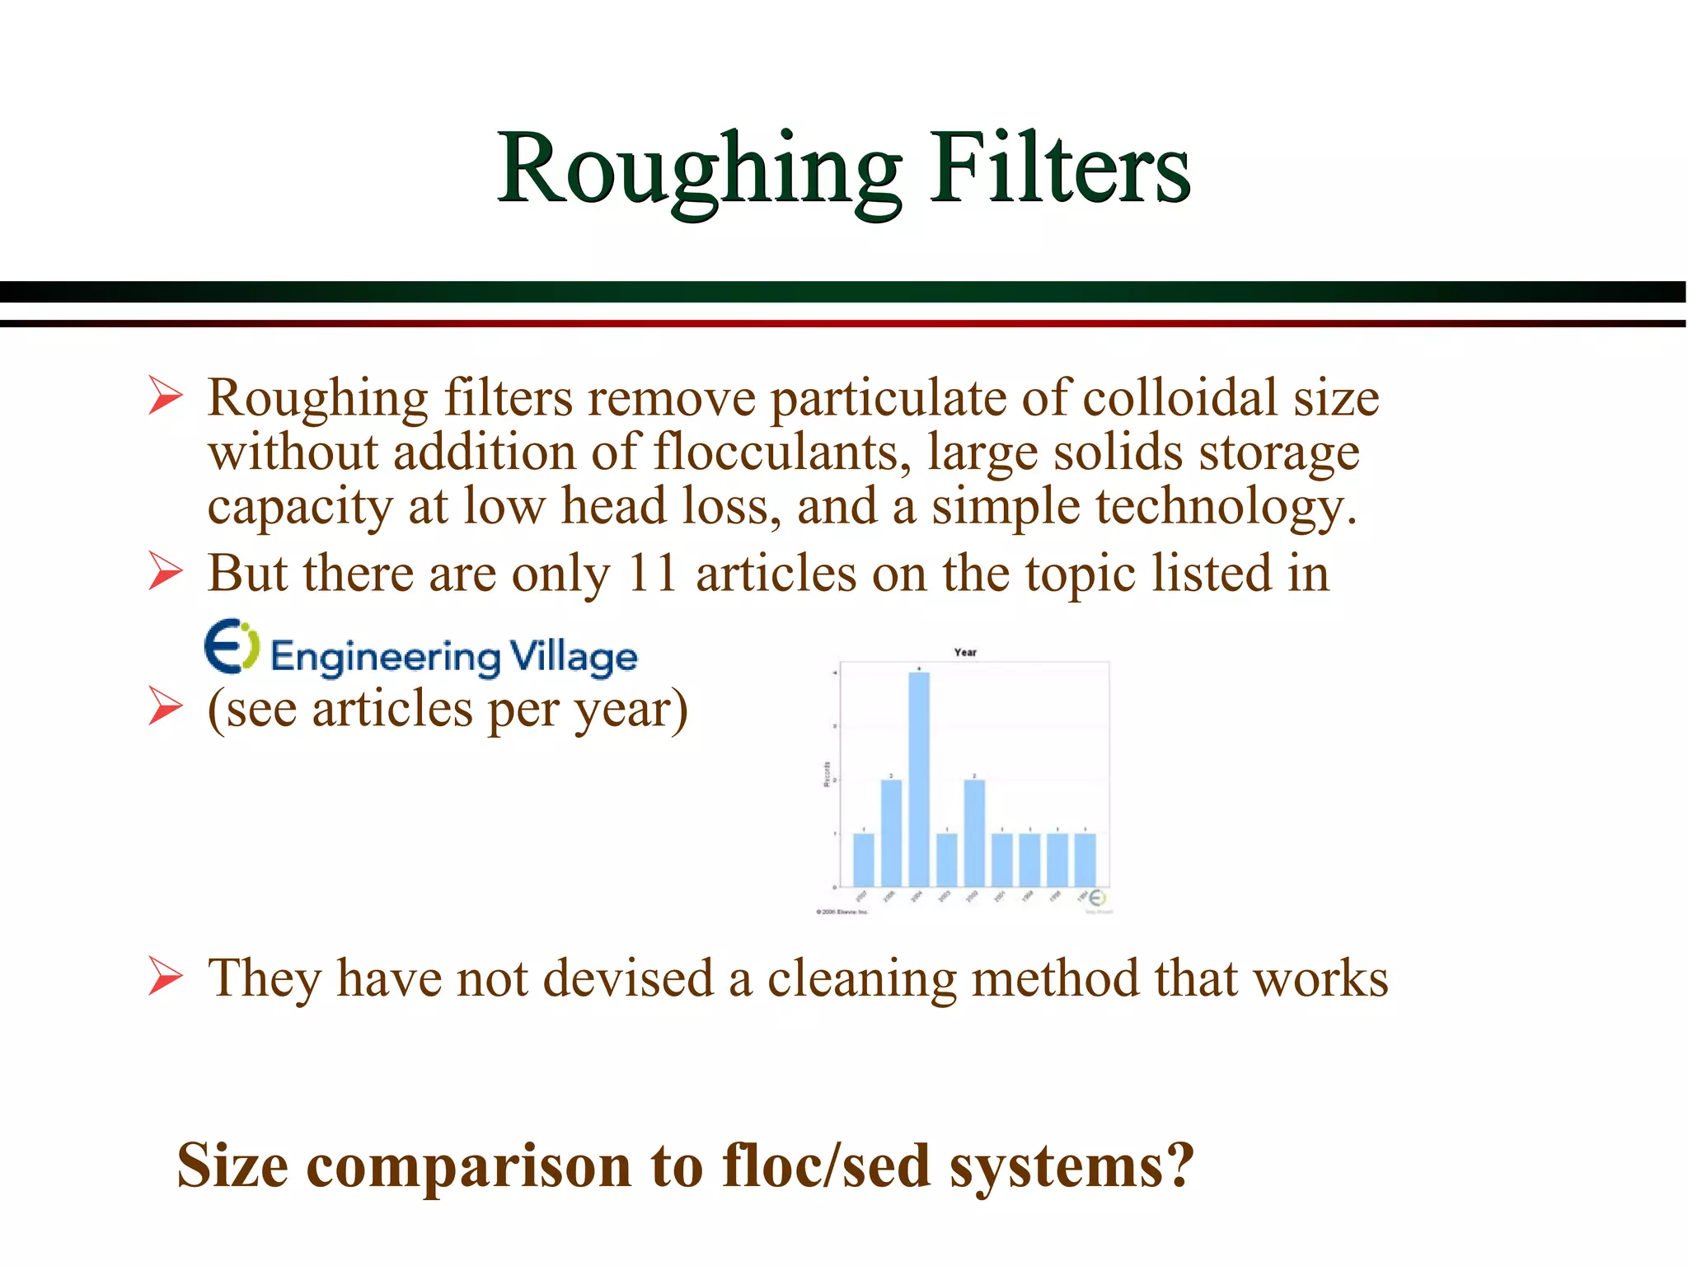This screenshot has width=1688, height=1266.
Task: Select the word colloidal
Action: pos(1179,398)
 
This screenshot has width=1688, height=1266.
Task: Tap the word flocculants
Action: pos(782,452)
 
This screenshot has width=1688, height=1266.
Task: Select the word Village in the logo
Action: pos(574,657)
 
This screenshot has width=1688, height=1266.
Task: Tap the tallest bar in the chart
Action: pos(919,779)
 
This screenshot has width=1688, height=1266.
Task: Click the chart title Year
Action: pos(965,652)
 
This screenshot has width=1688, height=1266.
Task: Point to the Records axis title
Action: pos(827,775)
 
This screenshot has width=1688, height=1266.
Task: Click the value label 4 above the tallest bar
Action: pos(919,668)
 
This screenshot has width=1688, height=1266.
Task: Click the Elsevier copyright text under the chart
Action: pos(842,912)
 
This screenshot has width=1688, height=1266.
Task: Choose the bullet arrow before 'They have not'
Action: pos(165,978)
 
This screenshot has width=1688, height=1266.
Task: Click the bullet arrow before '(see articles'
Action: pos(165,708)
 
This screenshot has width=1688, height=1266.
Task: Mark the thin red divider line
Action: pos(844,323)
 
